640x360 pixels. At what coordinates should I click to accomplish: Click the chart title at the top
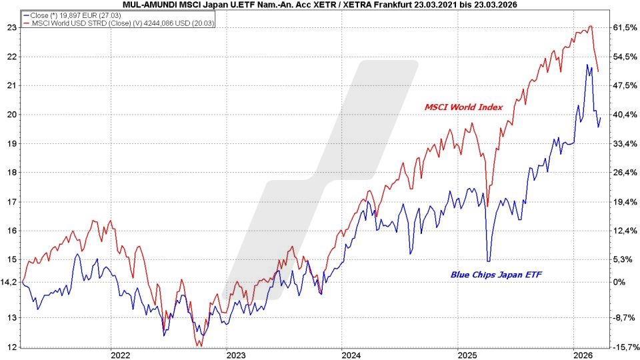pos(320,5)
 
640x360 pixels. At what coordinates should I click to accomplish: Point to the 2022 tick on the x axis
pos(120,354)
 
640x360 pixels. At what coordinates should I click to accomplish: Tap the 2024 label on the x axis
pos(351,354)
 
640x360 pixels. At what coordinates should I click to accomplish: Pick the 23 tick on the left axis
pos(11,27)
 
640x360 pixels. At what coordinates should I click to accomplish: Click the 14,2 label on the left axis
pos(9,282)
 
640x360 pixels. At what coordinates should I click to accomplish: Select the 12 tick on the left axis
pos(11,347)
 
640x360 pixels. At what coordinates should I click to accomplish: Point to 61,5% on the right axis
pos(625,27)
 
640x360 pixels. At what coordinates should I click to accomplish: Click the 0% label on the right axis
pos(618,282)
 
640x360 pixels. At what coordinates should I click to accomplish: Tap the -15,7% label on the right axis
pos(625,347)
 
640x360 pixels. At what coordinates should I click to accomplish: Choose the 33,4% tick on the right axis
pos(625,143)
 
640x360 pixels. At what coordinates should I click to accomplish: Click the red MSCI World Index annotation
pos(464,107)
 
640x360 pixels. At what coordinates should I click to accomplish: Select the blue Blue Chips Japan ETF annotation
pos(493,273)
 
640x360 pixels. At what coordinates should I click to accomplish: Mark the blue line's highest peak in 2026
pos(587,65)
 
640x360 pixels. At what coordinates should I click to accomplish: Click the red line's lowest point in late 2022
pos(200,345)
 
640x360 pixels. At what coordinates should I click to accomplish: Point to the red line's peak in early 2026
pos(590,27)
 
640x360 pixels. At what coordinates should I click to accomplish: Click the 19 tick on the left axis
pos(11,143)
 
